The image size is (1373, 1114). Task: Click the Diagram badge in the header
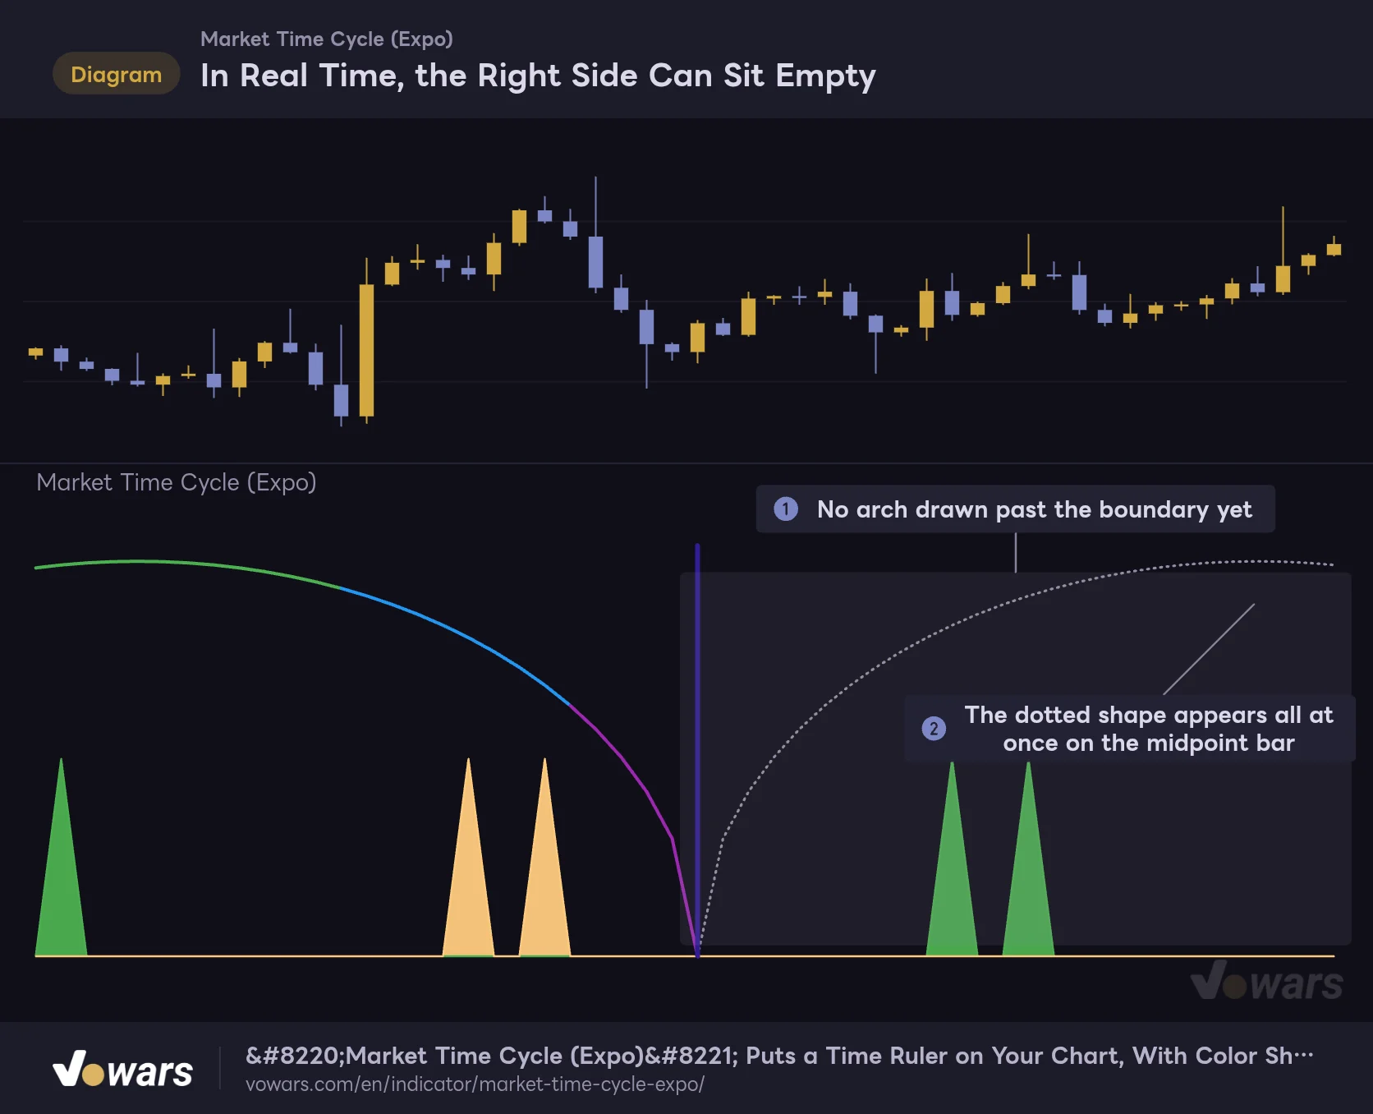pos(116,74)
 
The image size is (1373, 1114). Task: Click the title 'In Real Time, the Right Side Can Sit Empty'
pos(538,76)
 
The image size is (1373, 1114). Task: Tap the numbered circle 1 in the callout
pos(786,509)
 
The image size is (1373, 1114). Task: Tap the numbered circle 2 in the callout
pos(934,729)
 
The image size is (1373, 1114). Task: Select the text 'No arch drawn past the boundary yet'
pos(1034,509)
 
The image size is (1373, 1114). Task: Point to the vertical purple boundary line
pos(697,750)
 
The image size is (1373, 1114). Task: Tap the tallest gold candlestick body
pos(366,350)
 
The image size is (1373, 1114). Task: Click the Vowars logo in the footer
pos(123,1069)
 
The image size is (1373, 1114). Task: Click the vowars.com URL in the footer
pos(475,1084)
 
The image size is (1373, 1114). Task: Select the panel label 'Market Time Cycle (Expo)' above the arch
pos(177,482)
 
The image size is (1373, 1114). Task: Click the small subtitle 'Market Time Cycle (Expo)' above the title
pos(327,39)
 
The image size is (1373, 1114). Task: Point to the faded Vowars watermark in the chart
pos(1267,981)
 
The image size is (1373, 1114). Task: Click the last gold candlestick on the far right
pos(1334,249)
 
